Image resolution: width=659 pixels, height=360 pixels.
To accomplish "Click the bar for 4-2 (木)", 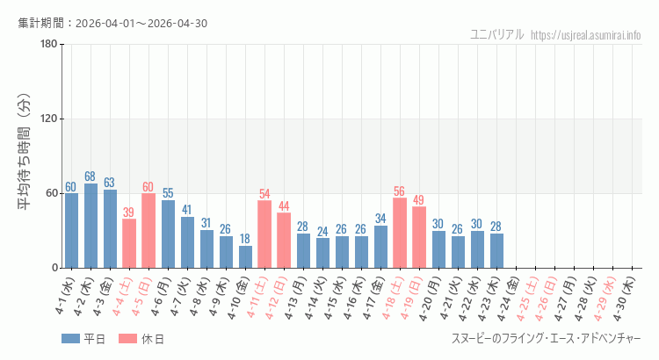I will click(91, 226).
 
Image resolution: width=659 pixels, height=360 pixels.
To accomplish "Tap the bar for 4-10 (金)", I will click(245, 256).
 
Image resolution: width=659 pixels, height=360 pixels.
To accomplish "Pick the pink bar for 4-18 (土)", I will click(400, 233).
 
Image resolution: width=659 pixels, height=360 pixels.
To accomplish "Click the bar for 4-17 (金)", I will click(380, 247).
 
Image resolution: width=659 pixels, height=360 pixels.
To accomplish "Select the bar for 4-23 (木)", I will click(496, 250).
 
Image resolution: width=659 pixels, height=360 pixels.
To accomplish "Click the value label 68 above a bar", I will click(91, 176).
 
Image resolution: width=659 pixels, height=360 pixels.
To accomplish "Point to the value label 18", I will click(245, 239).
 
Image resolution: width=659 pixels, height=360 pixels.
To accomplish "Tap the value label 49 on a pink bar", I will click(419, 200).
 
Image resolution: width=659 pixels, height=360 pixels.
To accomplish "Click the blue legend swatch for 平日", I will click(71, 339).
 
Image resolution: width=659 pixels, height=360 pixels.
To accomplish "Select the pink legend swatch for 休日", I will click(129, 339).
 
